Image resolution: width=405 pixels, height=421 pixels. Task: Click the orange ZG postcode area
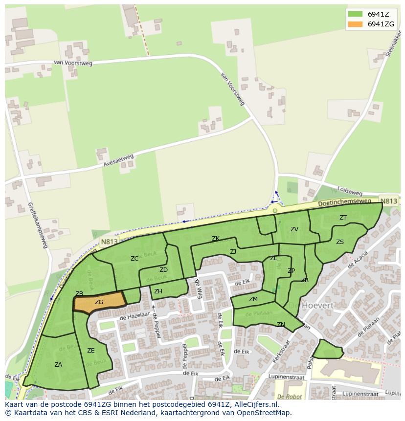click(99, 302)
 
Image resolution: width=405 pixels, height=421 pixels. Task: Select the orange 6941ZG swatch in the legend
click(355, 24)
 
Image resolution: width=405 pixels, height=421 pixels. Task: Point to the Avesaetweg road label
click(118, 161)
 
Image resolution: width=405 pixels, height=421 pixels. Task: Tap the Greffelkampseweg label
click(37, 225)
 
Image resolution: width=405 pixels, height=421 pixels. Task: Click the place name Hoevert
click(317, 305)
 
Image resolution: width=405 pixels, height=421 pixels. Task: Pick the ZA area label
click(58, 364)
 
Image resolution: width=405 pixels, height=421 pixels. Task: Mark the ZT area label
click(343, 218)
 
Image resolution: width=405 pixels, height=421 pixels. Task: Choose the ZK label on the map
click(215, 239)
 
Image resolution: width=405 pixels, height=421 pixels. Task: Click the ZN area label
click(281, 324)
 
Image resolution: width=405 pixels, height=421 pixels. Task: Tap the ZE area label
click(90, 350)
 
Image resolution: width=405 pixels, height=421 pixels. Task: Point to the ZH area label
click(158, 291)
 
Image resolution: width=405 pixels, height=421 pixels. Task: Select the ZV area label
click(294, 229)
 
